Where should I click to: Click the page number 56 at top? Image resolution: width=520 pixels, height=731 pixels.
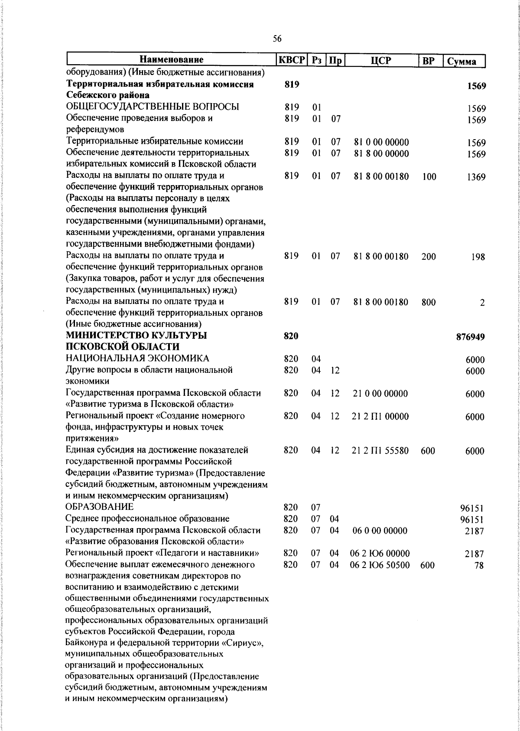[277, 39]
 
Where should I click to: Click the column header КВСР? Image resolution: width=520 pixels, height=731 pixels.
[291, 60]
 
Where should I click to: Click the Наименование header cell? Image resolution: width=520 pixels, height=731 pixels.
[172, 60]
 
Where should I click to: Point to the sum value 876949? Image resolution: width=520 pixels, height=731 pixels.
[470, 336]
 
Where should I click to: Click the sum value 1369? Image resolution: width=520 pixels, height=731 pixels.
[476, 177]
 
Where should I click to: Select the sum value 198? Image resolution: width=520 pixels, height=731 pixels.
[478, 257]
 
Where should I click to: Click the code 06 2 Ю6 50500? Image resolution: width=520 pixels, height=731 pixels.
[380, 565]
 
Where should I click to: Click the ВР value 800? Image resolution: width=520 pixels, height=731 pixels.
[429, 302]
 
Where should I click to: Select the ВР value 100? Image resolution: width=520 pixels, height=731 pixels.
[429, 176]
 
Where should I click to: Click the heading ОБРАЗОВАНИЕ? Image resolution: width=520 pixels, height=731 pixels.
[100, 507]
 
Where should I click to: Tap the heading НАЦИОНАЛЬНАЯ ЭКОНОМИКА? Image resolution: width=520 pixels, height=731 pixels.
[137, 358]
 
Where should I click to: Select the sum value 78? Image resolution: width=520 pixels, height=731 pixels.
[479, 565]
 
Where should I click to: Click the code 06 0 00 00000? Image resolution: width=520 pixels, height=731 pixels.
[380, 531]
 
